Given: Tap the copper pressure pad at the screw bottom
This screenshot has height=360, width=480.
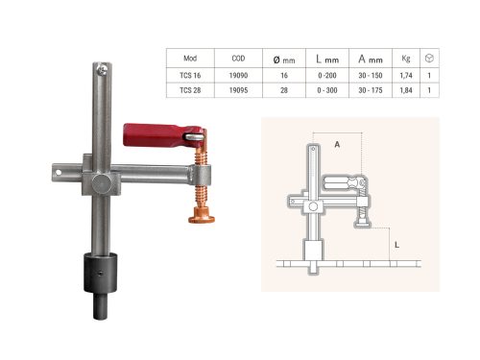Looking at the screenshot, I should click(201, 220).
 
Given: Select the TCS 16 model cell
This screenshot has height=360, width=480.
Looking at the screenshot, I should click(191, 74).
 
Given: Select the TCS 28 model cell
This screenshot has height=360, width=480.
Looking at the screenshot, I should click(191, 90).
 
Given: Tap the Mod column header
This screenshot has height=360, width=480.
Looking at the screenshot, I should click(191, 57).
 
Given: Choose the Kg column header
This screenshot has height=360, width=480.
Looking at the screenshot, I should click(406, 57).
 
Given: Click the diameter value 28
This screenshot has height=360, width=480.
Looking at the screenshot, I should click(285, 90).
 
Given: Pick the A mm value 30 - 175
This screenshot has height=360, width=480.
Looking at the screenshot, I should click(371, 90).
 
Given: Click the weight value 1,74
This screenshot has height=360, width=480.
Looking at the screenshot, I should click(406, 74).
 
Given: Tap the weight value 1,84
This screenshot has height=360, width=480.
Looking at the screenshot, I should click(406, 90).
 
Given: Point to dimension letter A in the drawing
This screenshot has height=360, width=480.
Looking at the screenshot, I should click(336, 143).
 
